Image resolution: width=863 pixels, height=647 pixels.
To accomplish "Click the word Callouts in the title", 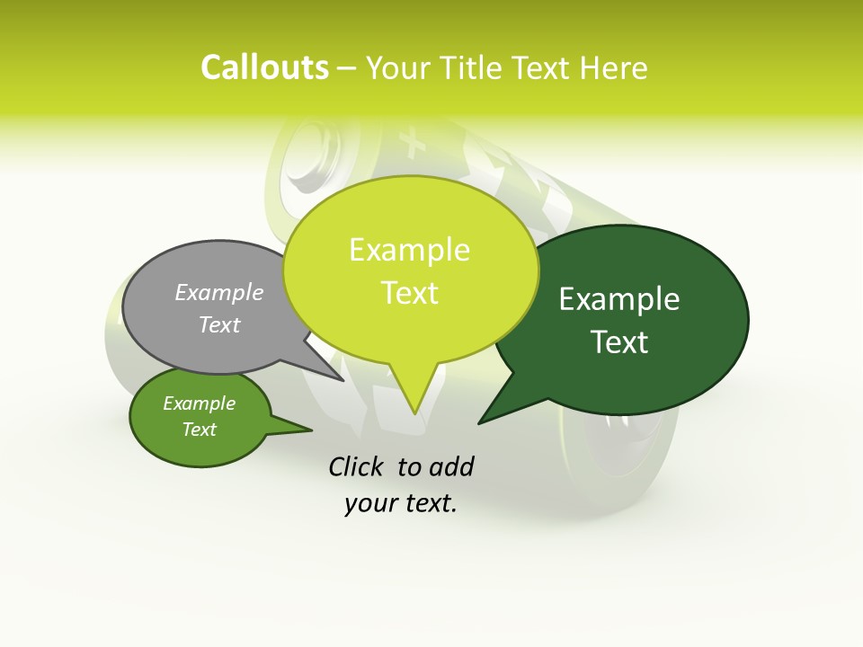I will (264, 68).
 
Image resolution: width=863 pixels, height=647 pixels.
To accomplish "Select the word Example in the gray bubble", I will (219, 292).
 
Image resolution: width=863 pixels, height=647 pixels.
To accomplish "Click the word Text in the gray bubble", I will (219, 324).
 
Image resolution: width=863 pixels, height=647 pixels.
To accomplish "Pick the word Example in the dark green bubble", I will (619, 299).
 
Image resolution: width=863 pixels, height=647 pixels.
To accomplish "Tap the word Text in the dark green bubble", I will (619, 341).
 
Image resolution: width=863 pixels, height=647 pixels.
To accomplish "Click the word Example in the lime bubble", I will (409, 250).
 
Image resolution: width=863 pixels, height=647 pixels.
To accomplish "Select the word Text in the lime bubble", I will (409, 293).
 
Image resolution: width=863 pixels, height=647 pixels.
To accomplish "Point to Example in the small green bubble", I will (199, 403).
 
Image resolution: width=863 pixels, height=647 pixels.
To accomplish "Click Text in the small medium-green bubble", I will (199, 430).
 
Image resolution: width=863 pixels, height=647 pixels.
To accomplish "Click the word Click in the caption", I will (358, 466).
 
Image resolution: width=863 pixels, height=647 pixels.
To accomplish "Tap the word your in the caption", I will (369, 504).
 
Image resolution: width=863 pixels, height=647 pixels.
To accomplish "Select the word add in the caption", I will (451, 466).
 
